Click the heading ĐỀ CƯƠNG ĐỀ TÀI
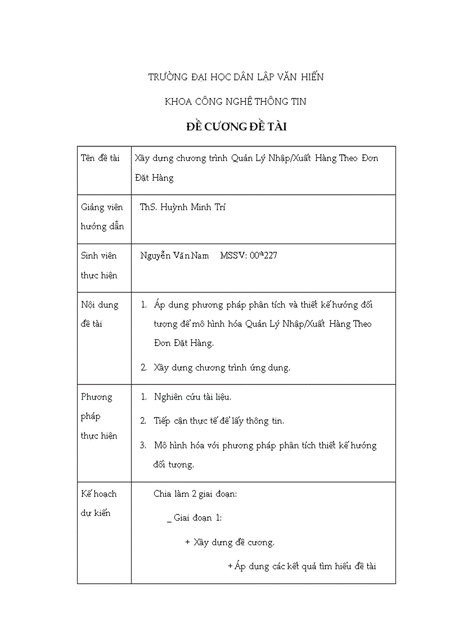point(236,127)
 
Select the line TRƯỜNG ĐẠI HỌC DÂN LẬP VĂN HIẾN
point(236,77)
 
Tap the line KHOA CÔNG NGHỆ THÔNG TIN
point(236,102)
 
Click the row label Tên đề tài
point(100,158)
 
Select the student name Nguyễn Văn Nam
point(174,256)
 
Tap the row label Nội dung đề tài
point(100,314)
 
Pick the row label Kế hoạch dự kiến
point(99,503)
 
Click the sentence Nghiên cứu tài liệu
point(192,397)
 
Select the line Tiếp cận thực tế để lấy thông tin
point(219,421)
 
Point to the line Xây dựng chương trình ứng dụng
point(222,368)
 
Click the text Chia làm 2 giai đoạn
point(195,494)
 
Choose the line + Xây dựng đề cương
point(229,543)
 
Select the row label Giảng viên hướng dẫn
point(102,217)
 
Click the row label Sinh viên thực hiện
point(99,266)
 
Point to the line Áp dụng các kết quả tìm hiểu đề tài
point(301,566)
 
